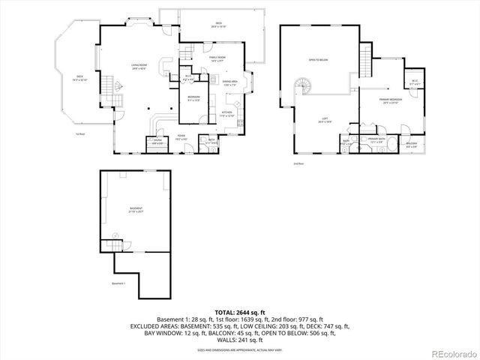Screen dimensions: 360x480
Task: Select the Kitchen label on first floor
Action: (227, 115)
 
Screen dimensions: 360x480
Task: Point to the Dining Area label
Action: (229, 82)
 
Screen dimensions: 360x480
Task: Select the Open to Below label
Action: (318, 59)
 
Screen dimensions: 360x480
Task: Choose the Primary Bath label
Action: (376, 139)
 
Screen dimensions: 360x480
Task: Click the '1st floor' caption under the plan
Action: (79, 135)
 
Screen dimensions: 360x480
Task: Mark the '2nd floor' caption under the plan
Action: (299, 162)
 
